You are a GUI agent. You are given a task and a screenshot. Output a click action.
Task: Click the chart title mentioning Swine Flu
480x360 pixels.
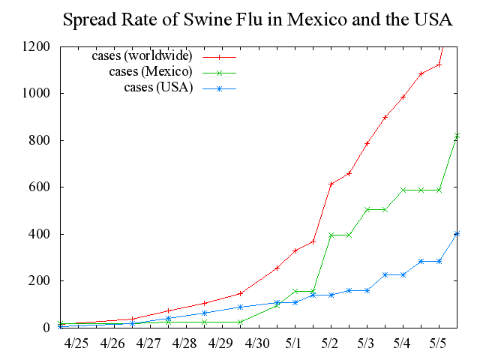pos(257,19)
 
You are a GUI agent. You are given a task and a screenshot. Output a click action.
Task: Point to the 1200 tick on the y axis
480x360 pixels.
pos(37,46)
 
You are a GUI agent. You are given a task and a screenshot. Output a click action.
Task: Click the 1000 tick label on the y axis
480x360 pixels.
pos(37,94)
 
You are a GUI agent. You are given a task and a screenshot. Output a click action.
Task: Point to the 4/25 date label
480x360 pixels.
pos(75,343)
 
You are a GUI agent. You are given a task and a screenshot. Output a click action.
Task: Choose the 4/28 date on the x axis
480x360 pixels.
pos(184,343)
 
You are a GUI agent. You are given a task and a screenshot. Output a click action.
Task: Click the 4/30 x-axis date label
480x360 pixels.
pos(257,343)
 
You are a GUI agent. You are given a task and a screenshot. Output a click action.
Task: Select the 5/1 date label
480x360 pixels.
pos(294,343)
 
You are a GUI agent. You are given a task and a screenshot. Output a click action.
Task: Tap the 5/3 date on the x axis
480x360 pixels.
pos(367,343)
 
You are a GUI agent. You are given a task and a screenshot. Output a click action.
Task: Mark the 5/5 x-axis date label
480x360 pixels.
pos(439,343)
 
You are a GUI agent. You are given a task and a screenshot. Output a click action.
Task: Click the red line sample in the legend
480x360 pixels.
pos(220,56)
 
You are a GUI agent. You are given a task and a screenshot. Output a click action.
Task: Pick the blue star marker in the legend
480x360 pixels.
pos(220,88)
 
